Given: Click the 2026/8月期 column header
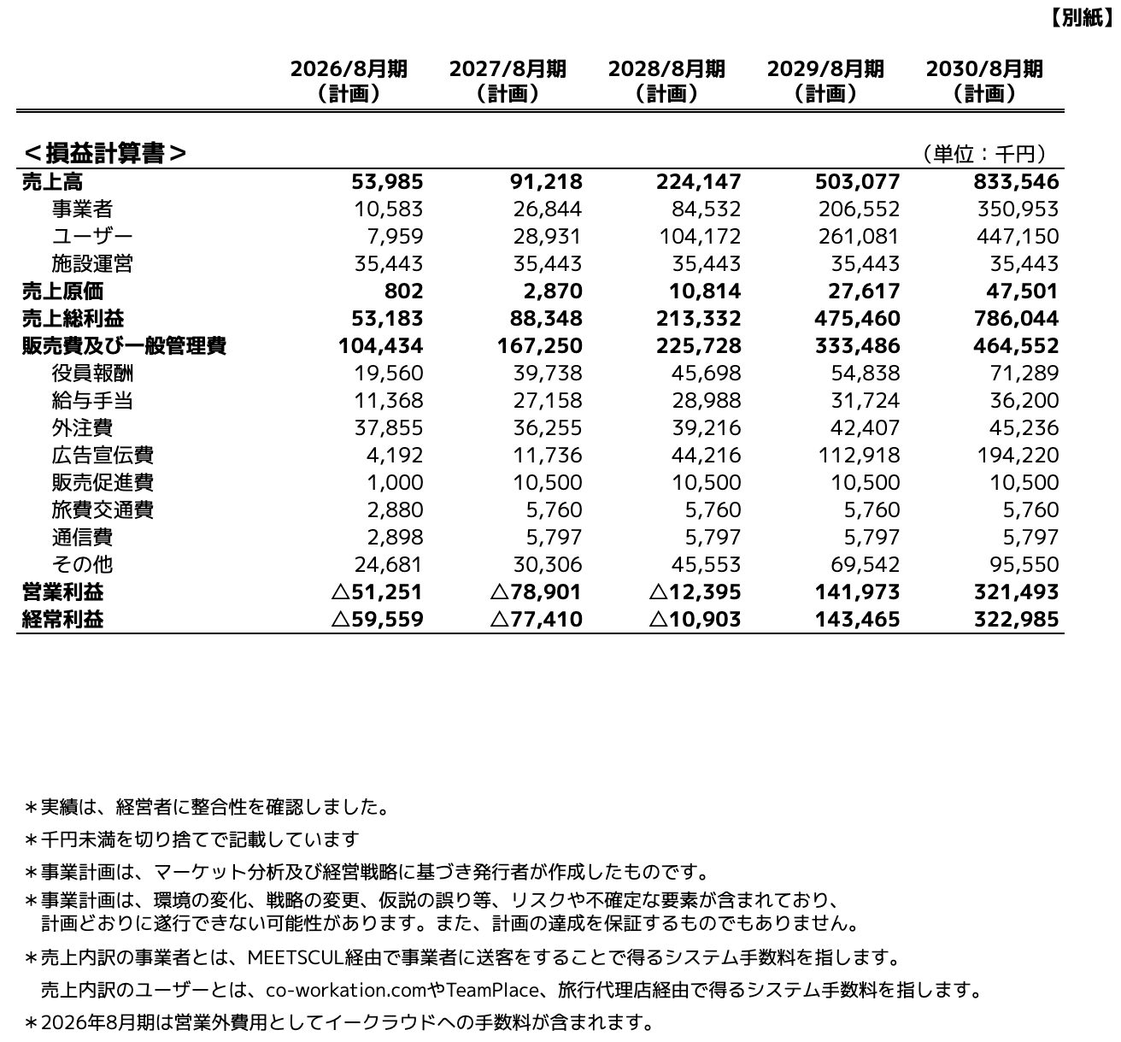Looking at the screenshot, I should pos(349,80).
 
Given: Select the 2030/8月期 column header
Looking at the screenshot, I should pos(984,80).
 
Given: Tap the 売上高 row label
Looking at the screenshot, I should pos(52,181).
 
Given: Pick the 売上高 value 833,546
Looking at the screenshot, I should pos(1016,181).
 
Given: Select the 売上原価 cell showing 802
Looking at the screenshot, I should pos(403,291).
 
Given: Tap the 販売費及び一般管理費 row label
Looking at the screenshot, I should pos(124,345).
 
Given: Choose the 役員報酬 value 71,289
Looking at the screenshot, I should pos(1022,373).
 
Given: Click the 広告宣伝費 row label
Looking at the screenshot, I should pos(103,455).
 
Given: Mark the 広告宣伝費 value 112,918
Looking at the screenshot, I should pos(860,455).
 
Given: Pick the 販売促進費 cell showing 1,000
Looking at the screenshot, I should pos(395,482).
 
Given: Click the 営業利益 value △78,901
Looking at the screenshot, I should pos(537,592).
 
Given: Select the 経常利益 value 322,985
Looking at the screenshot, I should pos(1016,619).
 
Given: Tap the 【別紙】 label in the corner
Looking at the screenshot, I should pos(1083,18).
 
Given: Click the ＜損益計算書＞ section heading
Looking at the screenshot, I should pos(105,153).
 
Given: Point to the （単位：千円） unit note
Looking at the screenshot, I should pos(984,154).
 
